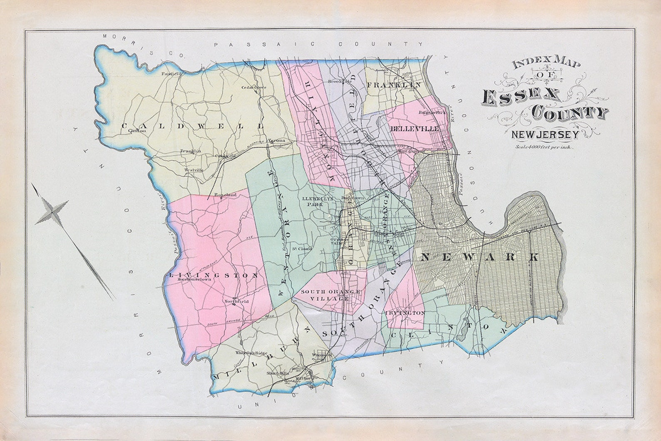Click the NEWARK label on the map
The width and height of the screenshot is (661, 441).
[x=479, y=257]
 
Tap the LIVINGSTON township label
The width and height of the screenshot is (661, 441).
[x=214, y=275]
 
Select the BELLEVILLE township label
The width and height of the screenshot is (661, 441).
[x=415, y=129]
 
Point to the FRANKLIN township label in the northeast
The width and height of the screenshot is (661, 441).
[x=394, y=85]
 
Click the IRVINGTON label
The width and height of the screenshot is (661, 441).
[x=405, y=312]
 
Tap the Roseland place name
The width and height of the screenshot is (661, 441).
[x=225, y=194]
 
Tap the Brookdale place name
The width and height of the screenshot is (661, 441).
[x=337, y=82]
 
